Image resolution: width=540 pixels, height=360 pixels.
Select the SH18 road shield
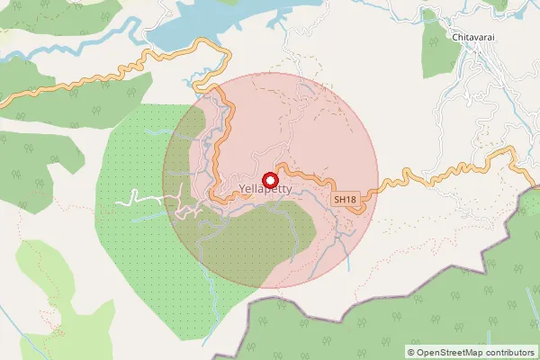point(344,199)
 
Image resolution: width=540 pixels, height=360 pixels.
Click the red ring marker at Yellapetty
point(267,180)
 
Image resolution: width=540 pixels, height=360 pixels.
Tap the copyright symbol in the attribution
point(411,352)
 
